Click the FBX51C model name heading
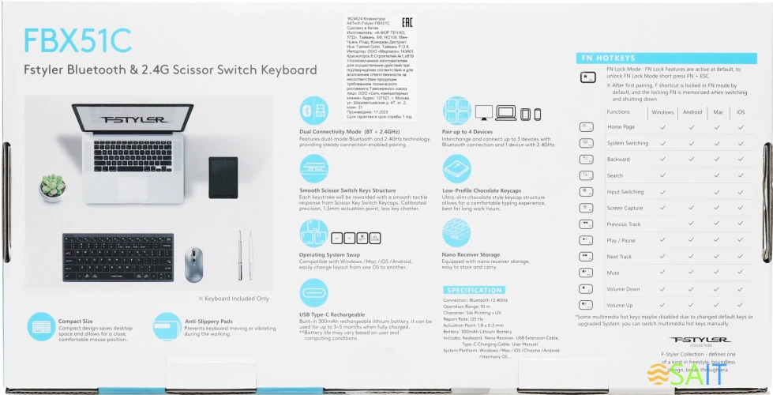point(78,39)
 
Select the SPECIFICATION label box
point(474,291)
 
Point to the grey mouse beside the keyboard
point(193,264)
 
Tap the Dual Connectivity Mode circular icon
point(313,111)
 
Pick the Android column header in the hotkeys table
point(692,112)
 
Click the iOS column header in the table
point(741,112)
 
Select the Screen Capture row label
point(625,209)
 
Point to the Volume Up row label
point(620,305)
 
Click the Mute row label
point(613,273)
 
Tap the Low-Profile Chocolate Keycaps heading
point(482,190)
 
